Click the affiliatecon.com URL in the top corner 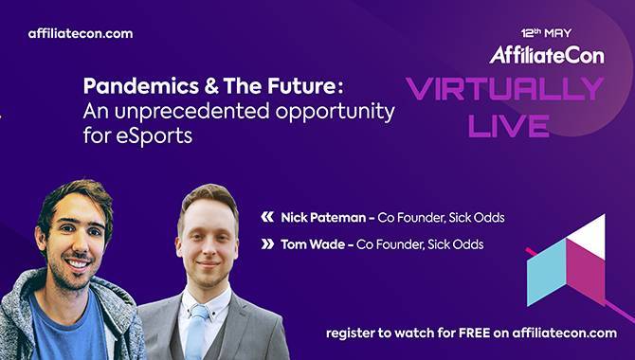pyautogui.click(x=81, y=33)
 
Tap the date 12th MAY pyautogui.click(x=546, y=33)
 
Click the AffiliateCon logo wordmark pyautogui.click(x=547, y=55)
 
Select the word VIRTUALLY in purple pyautogui.click(x=505, y=89)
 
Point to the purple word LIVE pyautogui.click(x=509, y=126)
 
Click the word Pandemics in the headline pyautogui.click(x=141, y=86)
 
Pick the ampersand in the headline pyautogui.click(x=211, y=86)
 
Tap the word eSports pyautogui.click(x=154, y=135)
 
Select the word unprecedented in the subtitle pyautogui.click(x=192, y=111)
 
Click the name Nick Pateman pyautogui.click(x=323, y=218)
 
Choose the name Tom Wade pyautogui.click(x=313, y=244)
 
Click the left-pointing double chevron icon pyautogui.click(x=267, y=218)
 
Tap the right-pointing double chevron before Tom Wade pyautogui.click(x=267, y=244)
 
